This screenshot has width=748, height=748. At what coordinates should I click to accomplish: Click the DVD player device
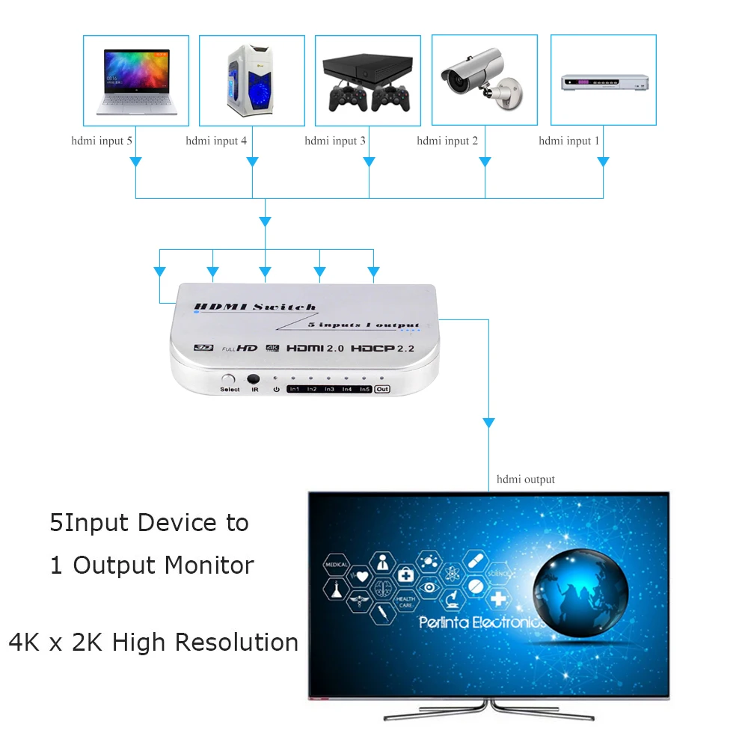(x=604, y=82)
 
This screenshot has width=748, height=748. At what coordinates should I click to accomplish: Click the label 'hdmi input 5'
(x=102, y=141)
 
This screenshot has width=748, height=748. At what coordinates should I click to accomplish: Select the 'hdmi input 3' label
(x=335, y=141)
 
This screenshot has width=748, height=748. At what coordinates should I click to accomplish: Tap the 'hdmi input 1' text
(x=569, y=141)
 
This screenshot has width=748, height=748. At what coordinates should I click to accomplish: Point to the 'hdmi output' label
(x=526, y=479)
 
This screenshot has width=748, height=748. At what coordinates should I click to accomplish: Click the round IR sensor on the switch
(x=254, y=379)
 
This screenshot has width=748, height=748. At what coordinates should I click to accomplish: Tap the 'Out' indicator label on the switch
(x=382, y=389)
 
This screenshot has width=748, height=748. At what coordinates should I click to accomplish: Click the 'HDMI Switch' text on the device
(x=254, y=307)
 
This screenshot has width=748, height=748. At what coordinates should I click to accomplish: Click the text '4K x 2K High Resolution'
(x=153, y=642)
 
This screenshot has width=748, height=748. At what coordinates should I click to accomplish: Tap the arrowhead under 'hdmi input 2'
(x=485, y=161)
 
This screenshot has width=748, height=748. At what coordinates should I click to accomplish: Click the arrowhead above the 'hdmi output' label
(x=489, y=423)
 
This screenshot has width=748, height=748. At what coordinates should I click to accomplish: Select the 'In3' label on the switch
(x=329, y=390)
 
